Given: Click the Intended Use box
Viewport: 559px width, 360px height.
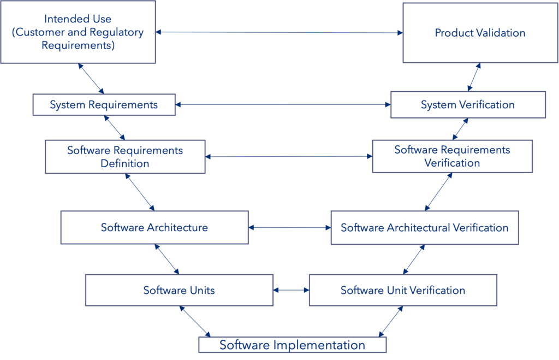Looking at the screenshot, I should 78,31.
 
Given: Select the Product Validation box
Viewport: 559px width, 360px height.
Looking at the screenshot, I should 479,32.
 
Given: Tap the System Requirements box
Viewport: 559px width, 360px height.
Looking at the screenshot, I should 104,104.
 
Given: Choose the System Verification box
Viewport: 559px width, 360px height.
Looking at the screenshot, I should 467,104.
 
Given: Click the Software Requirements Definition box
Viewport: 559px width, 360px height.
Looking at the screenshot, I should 125,157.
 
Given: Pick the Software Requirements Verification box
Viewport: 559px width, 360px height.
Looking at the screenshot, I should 452,157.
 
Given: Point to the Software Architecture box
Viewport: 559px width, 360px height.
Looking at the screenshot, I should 154,227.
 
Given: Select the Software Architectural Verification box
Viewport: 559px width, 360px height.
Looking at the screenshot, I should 424,227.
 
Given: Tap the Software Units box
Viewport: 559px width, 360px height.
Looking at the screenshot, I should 179,290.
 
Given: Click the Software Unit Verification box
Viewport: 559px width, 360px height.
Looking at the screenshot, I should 402,290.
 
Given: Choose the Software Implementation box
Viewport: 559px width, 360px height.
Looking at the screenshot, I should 292,345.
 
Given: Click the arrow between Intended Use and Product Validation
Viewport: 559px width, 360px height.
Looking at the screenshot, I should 279,33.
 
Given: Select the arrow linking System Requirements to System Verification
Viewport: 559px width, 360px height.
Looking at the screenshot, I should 283,104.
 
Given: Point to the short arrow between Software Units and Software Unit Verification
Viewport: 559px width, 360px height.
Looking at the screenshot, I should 291,290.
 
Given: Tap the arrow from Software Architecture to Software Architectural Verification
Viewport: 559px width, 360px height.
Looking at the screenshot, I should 290,227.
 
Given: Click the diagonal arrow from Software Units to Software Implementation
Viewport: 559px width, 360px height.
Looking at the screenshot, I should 195,322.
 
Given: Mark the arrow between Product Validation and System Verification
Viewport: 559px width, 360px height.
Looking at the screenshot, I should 474,77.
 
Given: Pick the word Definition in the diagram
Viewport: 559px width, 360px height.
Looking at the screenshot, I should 125,163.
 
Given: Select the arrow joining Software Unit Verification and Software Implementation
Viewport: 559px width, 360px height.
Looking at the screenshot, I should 391,321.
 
